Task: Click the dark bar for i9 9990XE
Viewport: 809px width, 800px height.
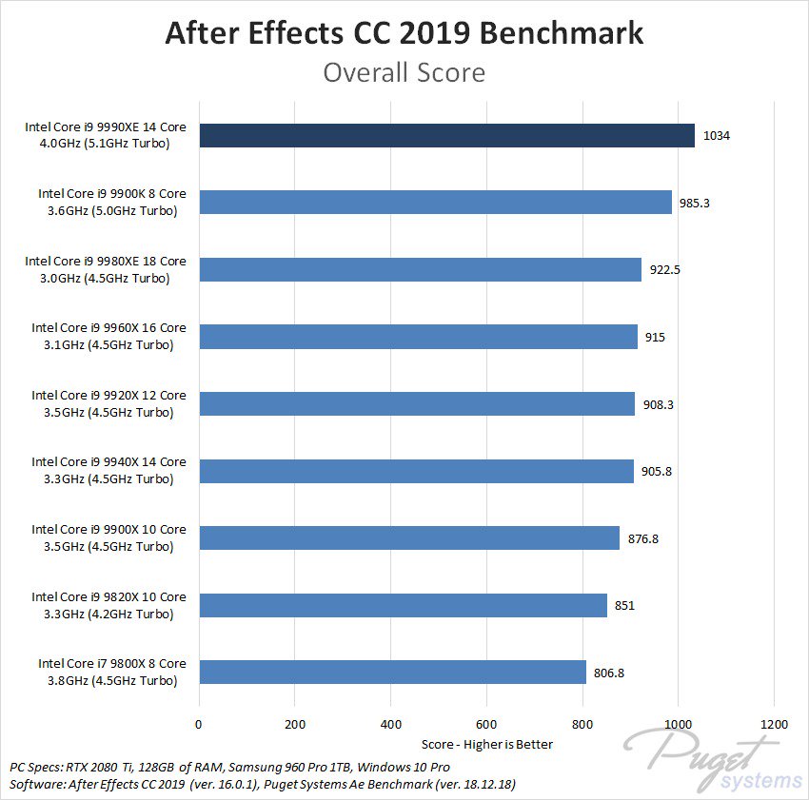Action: (x=446, y=135)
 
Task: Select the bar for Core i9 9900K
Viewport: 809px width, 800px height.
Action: (x=435, y=203)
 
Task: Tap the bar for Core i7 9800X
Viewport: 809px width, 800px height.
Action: (x=392, y=672)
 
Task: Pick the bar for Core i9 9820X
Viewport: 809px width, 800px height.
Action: (x=403, y=605)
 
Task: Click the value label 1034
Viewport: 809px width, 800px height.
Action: (x=716, y=136)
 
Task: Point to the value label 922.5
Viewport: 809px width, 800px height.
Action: (x=663, y=270)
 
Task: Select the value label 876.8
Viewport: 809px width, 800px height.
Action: (x=643, y=538)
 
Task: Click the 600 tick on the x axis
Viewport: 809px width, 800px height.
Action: (x=486, y=725)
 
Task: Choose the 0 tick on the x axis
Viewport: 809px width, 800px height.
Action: (x=199, y=725)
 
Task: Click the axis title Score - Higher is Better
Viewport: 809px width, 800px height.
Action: (x=486, y=744)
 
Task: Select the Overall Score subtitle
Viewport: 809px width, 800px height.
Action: (x=404, y=72)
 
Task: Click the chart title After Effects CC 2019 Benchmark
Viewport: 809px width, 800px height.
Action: (x=404, y=33)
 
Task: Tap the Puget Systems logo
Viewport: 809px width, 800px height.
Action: (x=714, y=761)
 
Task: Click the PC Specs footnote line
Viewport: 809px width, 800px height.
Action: (x=229, y=767)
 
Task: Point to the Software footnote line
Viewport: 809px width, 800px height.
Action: (x=268, y=785)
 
